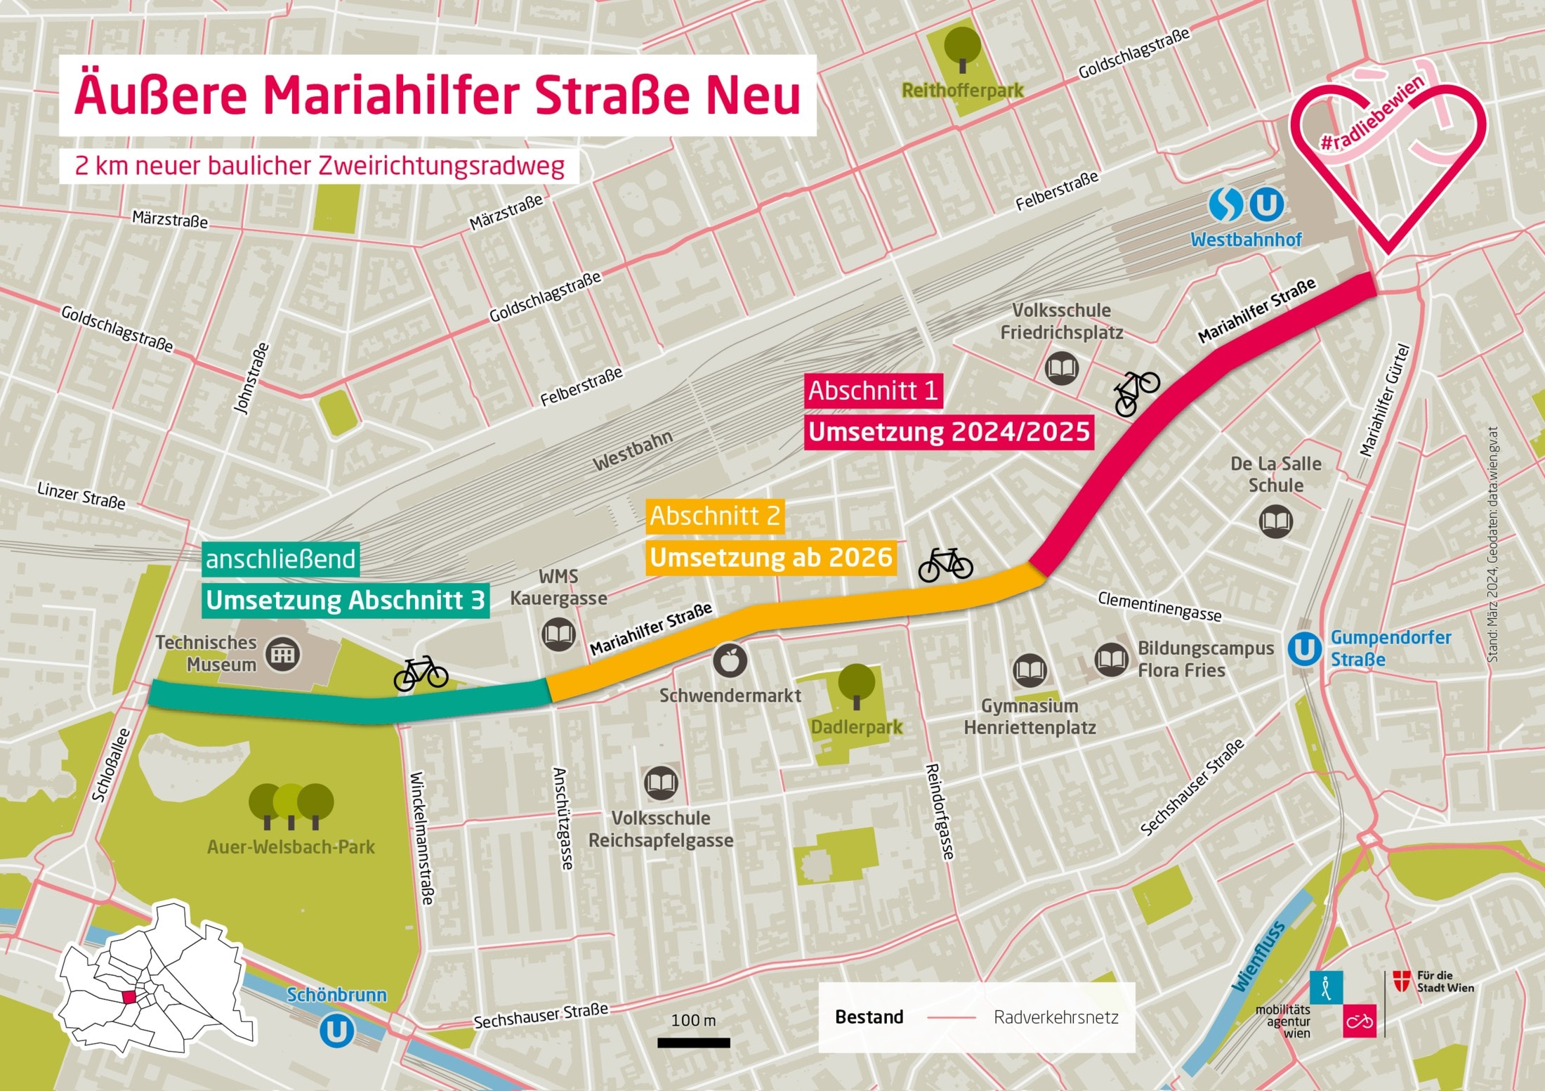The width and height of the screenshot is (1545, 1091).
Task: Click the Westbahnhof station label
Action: click(1246, 240)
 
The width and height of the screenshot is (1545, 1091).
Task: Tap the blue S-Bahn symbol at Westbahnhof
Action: click(1225, 204)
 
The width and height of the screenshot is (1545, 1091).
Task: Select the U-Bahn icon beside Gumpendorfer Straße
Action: click(1305, 648)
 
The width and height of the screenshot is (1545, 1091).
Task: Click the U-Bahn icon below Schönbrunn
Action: click(337, 1031)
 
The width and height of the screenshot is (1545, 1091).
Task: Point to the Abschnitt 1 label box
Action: click(873, 391)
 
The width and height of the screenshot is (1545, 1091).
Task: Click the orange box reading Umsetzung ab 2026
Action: click(770, 558)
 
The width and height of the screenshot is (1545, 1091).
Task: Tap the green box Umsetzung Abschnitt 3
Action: click(345, 601)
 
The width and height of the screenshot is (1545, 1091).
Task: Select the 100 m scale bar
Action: click(693, 1043)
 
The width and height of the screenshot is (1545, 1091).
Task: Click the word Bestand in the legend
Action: click(869, 1017)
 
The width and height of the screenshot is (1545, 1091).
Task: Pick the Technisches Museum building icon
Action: click(283, 655)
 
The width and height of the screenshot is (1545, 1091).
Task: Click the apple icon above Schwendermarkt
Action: click(730, 660)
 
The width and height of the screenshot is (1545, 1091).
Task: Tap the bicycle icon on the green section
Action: click(421, 674)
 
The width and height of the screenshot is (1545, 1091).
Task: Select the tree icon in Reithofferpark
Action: click(962, 48)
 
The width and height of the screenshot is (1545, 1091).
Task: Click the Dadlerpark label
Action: click(857, 726)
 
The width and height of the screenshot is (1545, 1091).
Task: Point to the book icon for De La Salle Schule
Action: click(1275, 522)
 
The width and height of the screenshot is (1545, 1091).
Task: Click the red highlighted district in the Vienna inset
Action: click(130, 997)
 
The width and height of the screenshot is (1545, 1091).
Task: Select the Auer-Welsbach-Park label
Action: click(291, 847)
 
